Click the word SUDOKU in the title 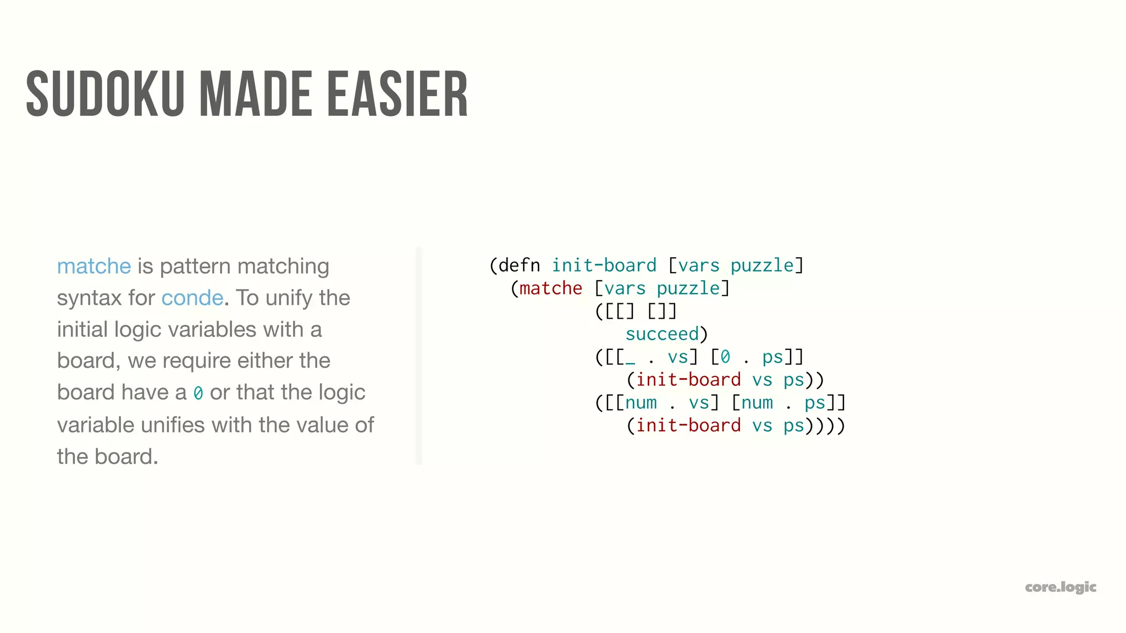point(104,95)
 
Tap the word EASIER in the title point(397,95)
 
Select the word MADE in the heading point(256,95)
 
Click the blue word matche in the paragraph point(94,266)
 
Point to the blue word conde point(192,298)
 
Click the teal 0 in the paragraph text point(198,393)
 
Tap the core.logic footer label point(1060,587)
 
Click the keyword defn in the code point(519,265)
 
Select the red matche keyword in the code point(550,288)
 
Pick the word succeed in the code point(662,334)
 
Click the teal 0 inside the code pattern point(725,357)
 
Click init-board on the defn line point(604,265)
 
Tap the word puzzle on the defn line point(762,265)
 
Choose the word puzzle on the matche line point(688,288)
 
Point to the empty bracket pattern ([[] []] point(636,312)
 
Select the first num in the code point(641,403)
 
